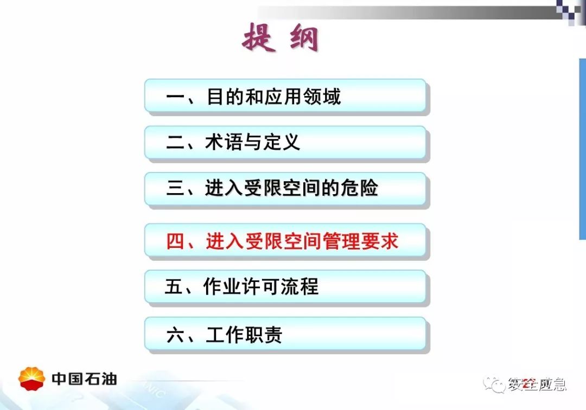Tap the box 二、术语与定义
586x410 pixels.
point(285,142)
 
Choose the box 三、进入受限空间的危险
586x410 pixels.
point(285,189)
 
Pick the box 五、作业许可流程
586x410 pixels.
point(285,286)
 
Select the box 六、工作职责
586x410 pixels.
point(285,334)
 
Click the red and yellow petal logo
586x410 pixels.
point(32,379)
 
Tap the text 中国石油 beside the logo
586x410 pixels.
point(85,379)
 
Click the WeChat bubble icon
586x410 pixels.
point(493,384)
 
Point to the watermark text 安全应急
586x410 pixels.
point(537,384)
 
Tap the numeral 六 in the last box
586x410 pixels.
point(176,335)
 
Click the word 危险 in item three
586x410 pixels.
point(359,188)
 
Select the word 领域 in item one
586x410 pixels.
point(322,97)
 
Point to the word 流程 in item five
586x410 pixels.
point(300,286)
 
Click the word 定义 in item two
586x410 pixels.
point(282,142)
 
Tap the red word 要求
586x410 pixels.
point(380,241)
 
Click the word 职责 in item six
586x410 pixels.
point(263,335)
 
